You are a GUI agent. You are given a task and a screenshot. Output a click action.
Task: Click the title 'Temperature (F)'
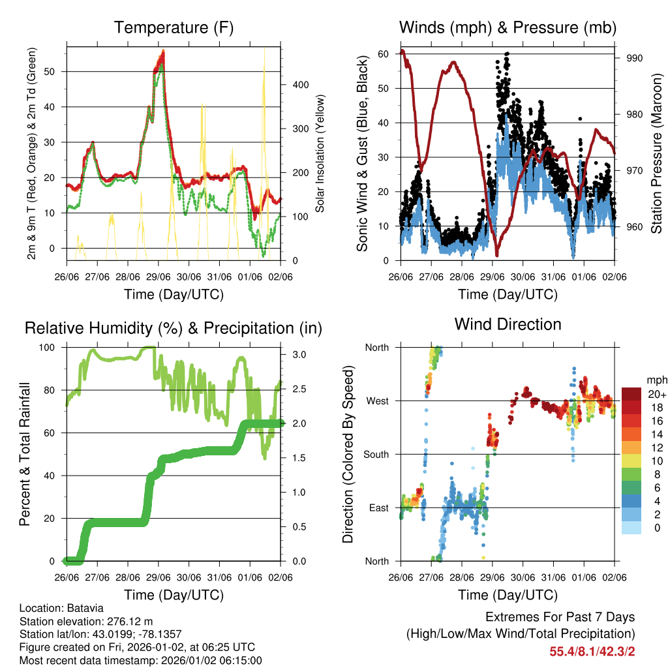coord(174,28)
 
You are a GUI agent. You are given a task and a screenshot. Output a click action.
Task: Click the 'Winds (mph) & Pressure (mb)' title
coord(508,28)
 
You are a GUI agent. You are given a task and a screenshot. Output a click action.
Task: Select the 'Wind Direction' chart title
coord(508,324)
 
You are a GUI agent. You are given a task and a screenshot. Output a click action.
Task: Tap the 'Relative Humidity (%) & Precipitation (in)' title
coord(174,328)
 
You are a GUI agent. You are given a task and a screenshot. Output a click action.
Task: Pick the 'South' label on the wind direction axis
coord(376,454)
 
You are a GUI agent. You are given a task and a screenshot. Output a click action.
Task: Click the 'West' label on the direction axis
coord(378,401)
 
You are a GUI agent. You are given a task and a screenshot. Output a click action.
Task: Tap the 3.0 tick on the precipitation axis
coord(299,355)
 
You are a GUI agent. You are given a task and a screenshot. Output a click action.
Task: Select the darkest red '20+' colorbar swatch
coord(631,394)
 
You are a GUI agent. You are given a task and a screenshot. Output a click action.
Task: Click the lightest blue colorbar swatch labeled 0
coord(631,528)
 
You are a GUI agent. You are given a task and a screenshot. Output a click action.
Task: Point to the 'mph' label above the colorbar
coord(656,379)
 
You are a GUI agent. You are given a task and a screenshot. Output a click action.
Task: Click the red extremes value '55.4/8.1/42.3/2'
coord(592,651)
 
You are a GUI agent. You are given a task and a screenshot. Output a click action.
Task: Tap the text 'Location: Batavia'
coord(61,609)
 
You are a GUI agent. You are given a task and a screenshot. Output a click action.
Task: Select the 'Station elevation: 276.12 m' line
coord(86,621)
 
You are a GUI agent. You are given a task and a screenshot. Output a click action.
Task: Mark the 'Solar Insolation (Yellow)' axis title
coord(320,153)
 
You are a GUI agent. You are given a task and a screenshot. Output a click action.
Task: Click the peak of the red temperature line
coord(163,52)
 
